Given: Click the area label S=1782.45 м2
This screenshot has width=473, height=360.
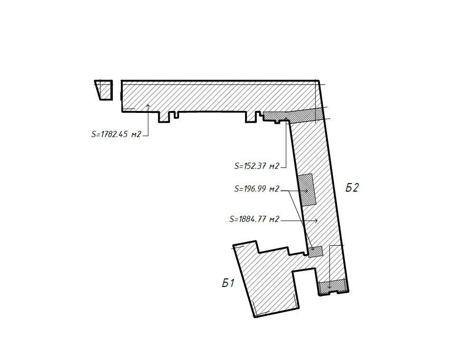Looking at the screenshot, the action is tap(116, 134).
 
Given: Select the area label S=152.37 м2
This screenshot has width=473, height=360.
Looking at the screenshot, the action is tap(257, 166).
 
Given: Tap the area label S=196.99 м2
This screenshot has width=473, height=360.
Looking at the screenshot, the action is tap(257, 189).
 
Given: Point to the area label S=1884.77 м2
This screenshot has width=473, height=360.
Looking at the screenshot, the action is tap(255, 219).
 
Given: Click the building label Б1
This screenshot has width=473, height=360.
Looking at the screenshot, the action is tap(228, 283).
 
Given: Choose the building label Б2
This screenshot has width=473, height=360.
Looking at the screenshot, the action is tap(352, 188).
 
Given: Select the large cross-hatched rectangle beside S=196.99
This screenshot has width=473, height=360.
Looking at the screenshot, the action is tap(307, 190).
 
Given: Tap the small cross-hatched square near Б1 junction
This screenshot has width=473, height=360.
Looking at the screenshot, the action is tap(316, 251).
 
